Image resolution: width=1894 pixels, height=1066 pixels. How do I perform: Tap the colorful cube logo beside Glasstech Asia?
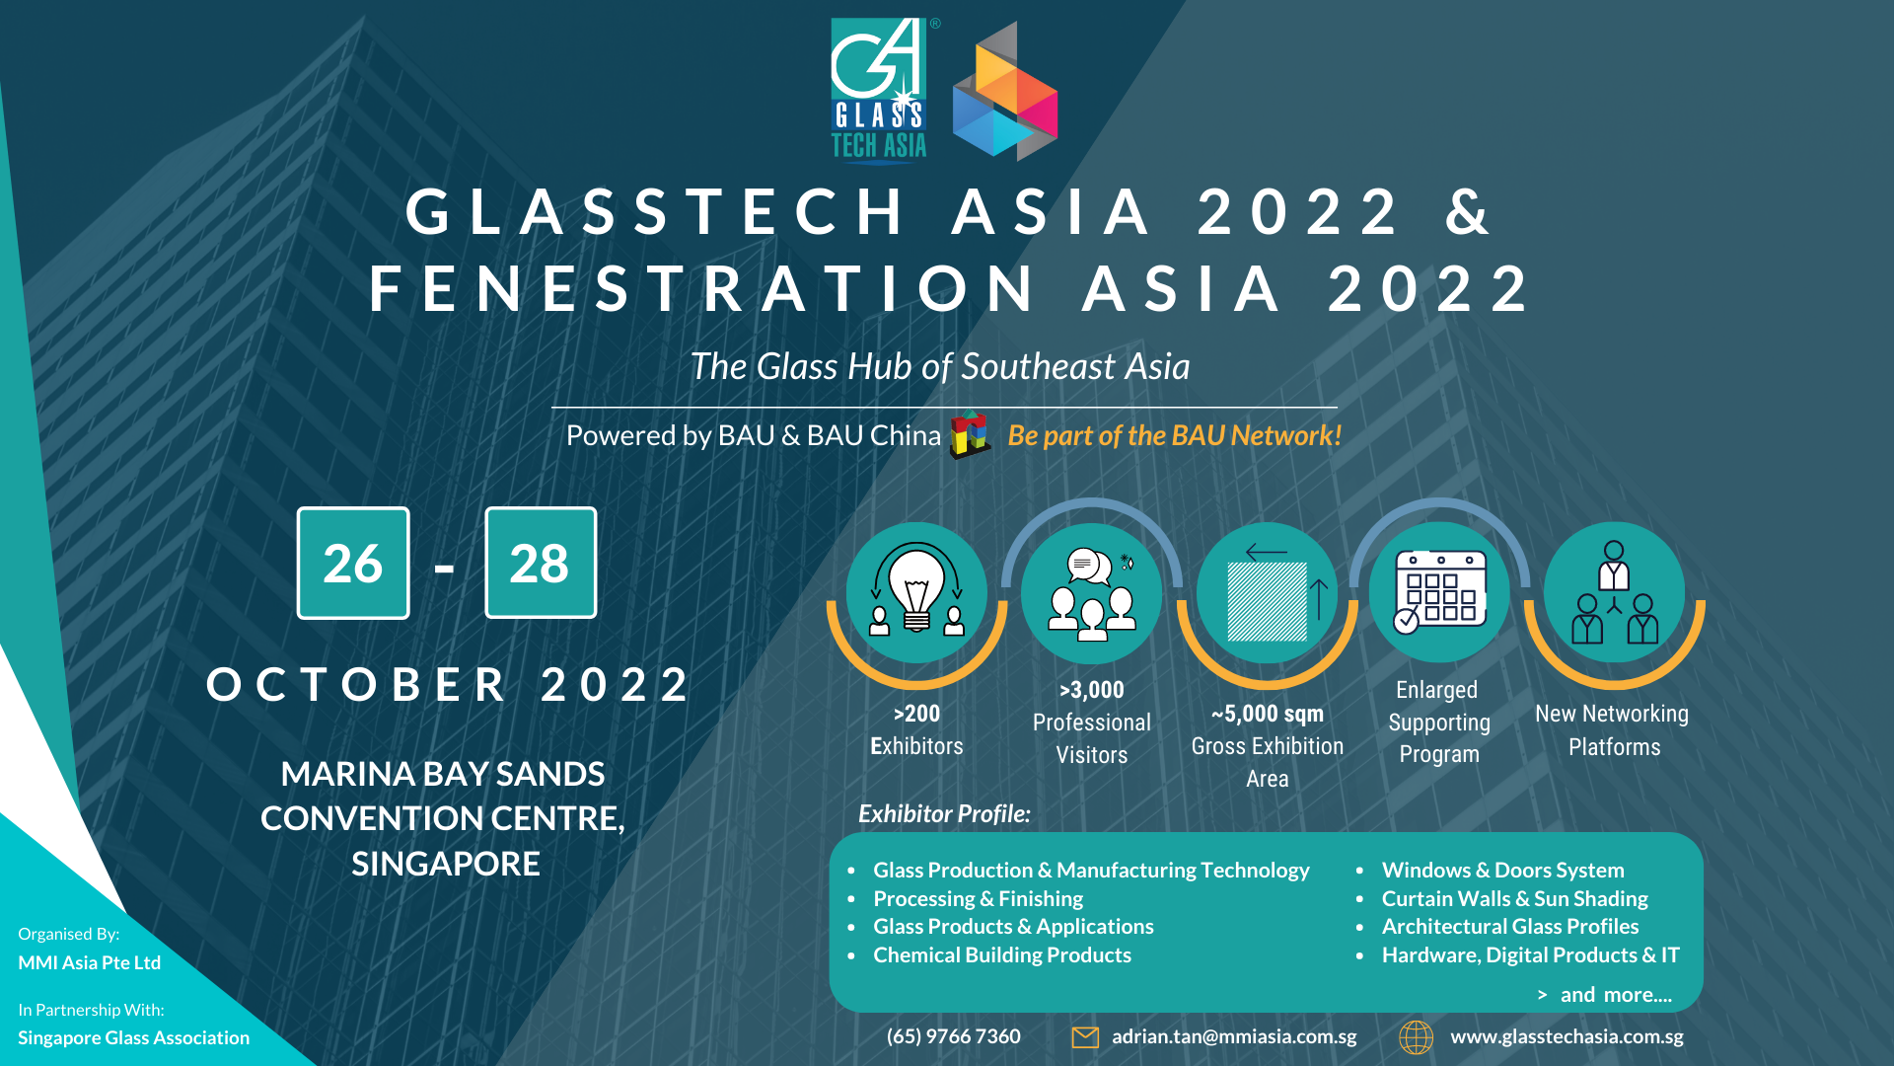[1005, 92]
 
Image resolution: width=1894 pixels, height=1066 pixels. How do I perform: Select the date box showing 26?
[353, 563]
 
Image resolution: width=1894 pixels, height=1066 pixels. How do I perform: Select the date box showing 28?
[541, 563]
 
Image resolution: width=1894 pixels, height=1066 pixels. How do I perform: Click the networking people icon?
[1615, 592]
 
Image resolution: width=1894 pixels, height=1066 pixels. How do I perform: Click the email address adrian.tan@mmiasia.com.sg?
[1234, 1036]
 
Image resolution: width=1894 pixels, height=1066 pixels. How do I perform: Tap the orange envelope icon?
[1085, 1037]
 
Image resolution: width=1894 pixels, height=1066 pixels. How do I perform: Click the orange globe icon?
[1417, 1037]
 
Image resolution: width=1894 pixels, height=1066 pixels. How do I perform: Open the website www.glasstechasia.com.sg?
[1566, 1036]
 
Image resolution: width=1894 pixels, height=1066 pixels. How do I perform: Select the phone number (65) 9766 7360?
[954, 1036]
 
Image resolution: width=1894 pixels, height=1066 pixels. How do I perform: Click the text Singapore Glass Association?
[134, 1037]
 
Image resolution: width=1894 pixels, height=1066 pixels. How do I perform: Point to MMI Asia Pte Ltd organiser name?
[89, 962]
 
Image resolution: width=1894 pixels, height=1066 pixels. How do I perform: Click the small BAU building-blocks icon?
[970, 434]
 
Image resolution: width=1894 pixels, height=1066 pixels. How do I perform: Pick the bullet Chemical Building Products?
[1002, 954]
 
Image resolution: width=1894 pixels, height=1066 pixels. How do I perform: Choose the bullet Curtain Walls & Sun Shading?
[1515, 898]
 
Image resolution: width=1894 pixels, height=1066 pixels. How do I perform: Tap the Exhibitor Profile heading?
[944, 813]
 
